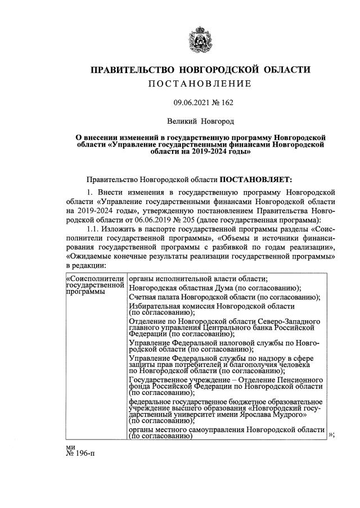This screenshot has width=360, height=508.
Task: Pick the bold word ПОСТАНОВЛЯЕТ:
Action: [x=256, y=179]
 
